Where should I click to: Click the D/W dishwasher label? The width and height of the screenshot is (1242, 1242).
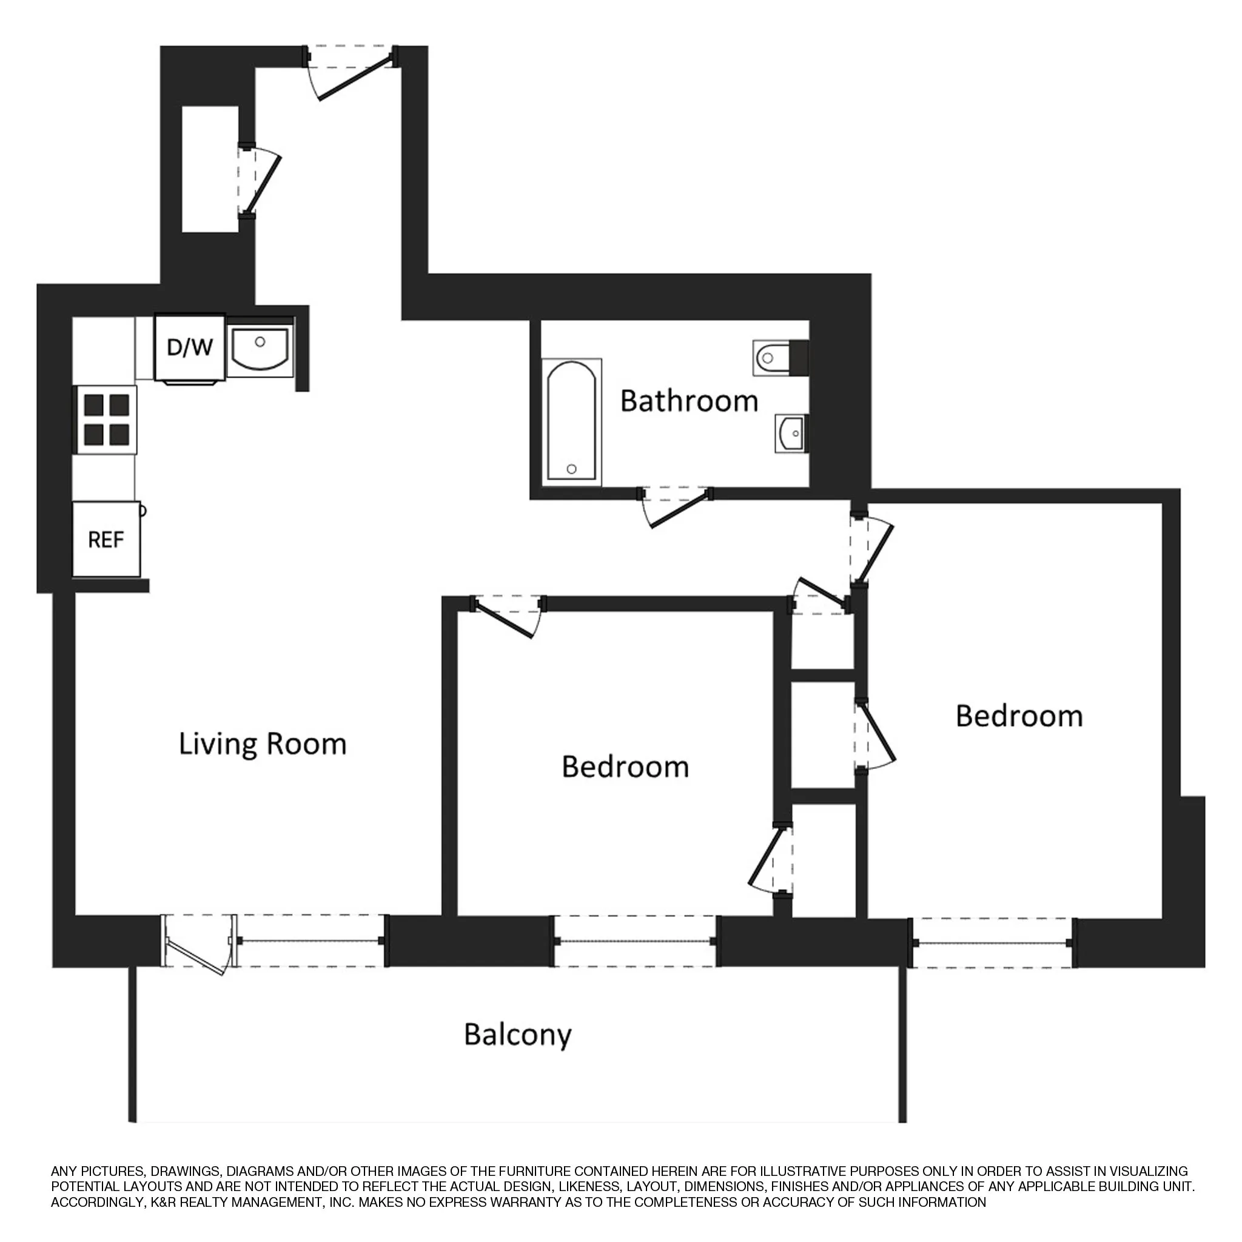coord(190,347)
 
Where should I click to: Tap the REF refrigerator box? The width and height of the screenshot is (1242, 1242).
coord(106,539)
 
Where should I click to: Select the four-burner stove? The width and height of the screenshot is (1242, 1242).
coord(107,420)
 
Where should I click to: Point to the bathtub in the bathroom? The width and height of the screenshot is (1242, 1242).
coord(571,421)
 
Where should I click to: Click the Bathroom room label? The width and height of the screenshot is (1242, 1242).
coord(689,401)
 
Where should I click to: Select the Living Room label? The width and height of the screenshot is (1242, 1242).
coord(262,744)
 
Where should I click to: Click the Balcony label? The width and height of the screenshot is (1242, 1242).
coord(517,1035)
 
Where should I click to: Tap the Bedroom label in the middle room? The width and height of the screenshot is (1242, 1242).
coord(625,767)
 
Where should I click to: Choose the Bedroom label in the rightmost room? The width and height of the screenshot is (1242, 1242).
coord(1019,716)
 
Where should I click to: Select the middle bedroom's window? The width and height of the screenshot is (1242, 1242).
coord(635,942)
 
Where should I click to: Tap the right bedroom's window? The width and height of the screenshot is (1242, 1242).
coord(993,943)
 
